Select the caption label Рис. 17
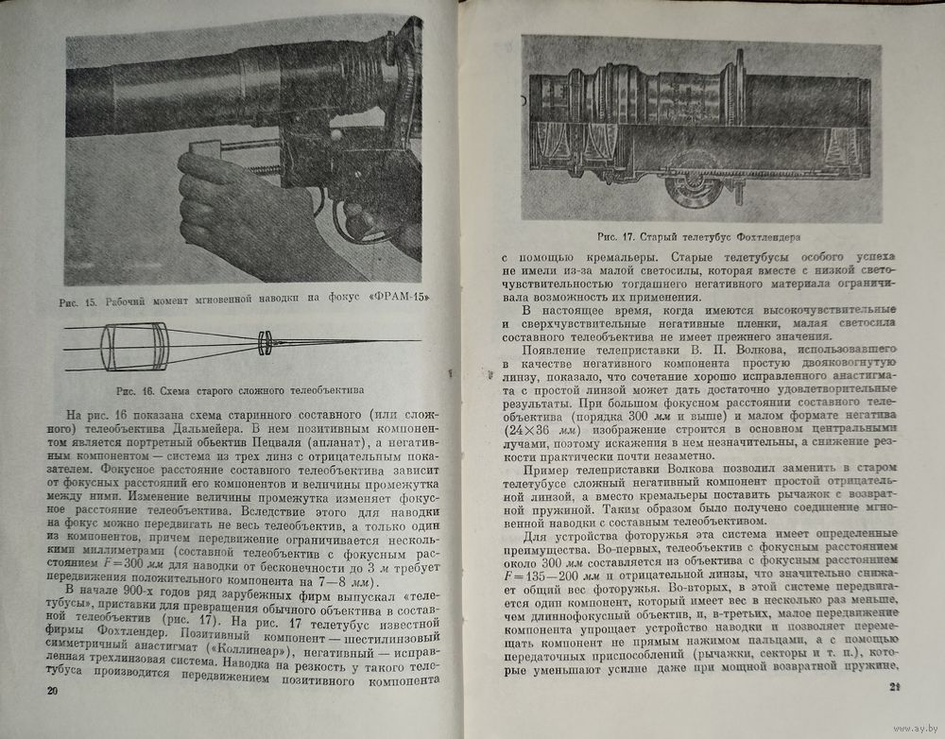coord(617,235)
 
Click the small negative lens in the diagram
coord(266,340)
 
